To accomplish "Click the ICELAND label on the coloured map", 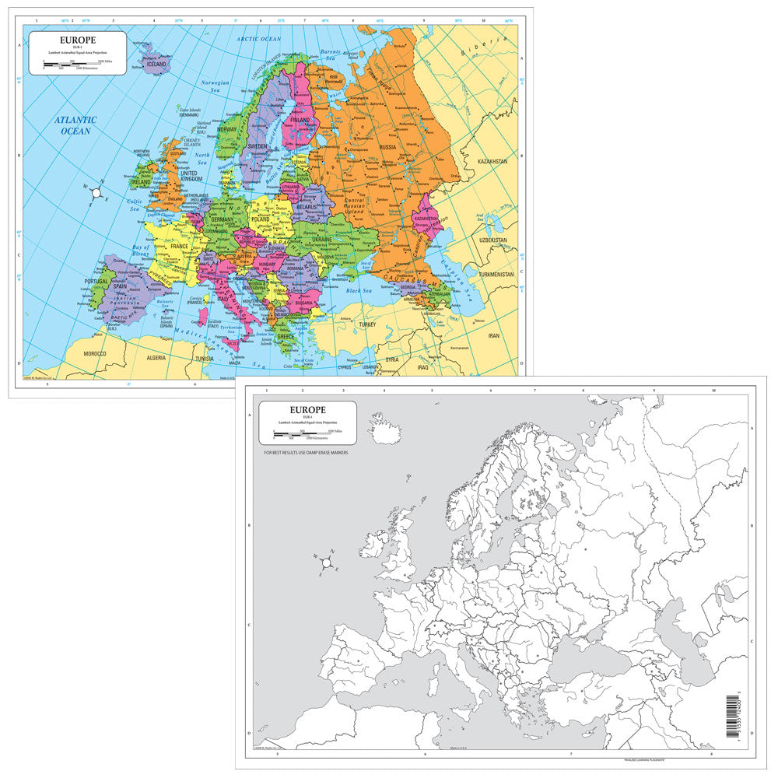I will (x=154, y=64).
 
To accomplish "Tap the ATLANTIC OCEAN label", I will (x=75, y=125).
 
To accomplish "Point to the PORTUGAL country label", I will (x=96, y=281).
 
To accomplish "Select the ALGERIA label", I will (x=158, y=358).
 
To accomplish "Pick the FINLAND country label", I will (x=300, y=121).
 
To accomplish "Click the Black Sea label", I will (x=360, y=290).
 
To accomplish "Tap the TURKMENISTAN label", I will (x=496, y=275).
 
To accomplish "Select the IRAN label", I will (x=493, y=335).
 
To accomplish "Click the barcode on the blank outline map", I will (x=732, y=716).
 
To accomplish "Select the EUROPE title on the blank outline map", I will (x=308, y=409).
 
